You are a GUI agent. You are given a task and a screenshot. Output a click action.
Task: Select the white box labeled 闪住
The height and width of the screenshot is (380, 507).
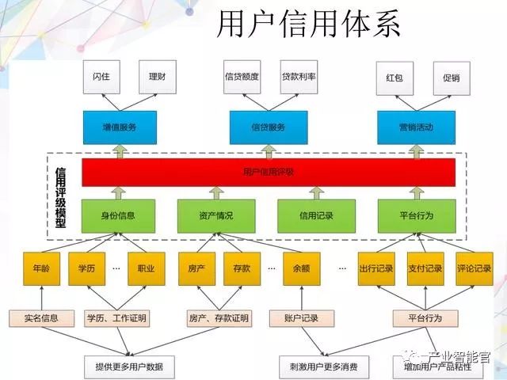pos(101,78)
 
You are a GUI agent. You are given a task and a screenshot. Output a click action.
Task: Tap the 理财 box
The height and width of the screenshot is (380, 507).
pos(157,78)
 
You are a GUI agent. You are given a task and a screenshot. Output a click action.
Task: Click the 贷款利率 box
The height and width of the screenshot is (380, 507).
pos(299,78)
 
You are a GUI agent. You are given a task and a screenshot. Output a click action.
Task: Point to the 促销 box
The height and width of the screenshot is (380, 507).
pos(452,78)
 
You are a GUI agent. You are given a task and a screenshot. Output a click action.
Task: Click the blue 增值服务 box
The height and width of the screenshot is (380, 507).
pos(120,127)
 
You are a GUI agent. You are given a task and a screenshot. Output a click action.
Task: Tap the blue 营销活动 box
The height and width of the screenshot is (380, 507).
pos(416,127)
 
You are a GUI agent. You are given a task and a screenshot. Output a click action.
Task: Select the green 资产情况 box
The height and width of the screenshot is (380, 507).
pos(216,215)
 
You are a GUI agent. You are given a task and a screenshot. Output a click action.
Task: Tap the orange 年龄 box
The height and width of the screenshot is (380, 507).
pos(41,268)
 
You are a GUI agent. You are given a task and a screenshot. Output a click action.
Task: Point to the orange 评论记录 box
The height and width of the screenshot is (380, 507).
pos(474,268)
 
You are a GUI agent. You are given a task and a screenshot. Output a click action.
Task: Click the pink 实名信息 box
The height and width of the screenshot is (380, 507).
pos(41,318)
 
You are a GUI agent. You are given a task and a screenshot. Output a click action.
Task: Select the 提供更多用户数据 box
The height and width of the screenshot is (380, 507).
pos(129,367)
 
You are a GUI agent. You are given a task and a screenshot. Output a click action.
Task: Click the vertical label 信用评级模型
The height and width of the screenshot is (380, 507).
pos(60,197)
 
